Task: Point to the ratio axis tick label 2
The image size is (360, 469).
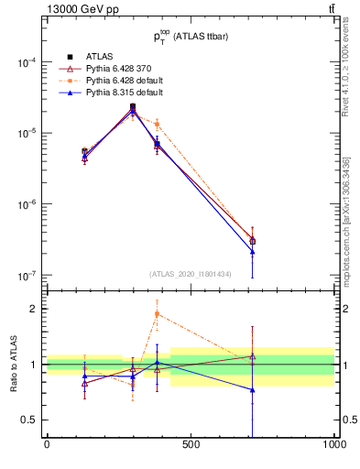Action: [x=33, y=309]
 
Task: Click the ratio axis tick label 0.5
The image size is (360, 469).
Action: [x=29, y=420]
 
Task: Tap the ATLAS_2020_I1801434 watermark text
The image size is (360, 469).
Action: [x=190, y=274]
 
